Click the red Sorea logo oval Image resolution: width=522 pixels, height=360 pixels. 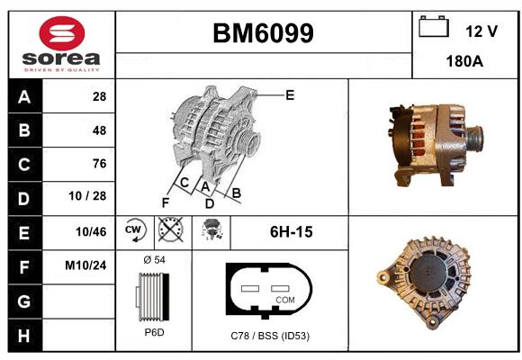coord(62,33)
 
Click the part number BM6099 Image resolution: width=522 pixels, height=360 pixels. coord(263,33)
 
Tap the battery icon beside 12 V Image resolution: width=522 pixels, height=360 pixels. coord(434,26)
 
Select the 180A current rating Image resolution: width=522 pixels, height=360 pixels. coord(464,61)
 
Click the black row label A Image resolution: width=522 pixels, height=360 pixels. coord(24,97)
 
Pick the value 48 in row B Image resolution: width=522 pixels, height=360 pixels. coord(99,130)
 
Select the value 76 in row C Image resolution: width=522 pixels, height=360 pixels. coord(100,164)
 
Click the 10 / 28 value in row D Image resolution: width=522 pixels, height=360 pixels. coord(87,196)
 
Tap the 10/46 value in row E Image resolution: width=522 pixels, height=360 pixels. coord(91,232)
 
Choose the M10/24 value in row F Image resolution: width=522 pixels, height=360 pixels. coord(85,265)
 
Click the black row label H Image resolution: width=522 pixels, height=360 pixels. coord(24,336)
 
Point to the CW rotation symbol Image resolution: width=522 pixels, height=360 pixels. coord(134,230)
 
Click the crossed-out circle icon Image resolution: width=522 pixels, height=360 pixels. coord(171,229)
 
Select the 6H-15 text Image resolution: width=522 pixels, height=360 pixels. coord(292,232)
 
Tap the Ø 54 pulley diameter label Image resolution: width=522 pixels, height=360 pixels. coord(155,260)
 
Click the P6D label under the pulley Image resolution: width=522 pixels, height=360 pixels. coord(154,332)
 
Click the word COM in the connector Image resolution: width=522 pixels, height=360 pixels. coord(285,300)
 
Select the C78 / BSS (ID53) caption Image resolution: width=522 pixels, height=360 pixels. coord(270,336)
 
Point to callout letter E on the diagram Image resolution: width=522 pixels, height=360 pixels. coord(290,95)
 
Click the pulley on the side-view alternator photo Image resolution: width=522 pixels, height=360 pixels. coord(474,139)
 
